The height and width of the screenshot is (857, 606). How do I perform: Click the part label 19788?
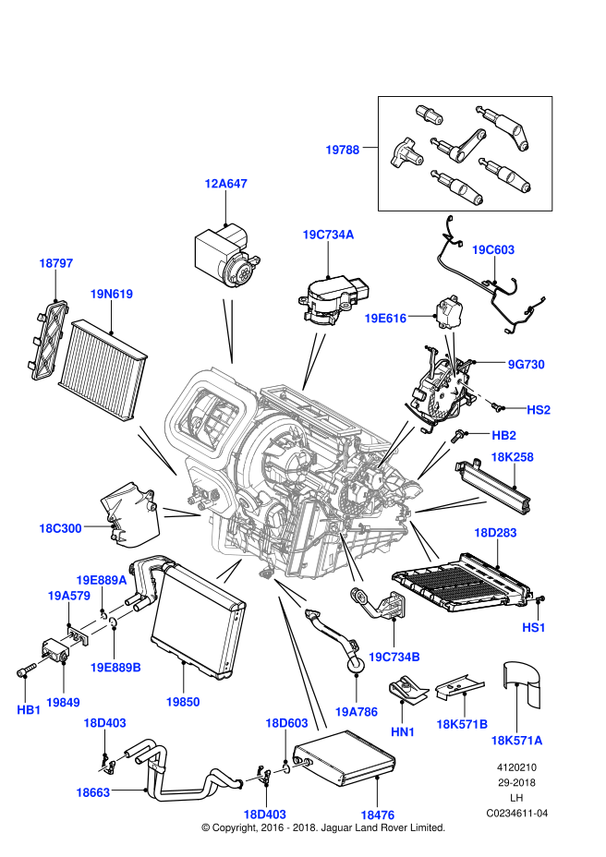tap(342, 150)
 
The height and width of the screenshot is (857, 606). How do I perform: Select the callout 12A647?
tap(225, 184)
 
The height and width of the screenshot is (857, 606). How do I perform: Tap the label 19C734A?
tap(328, 235)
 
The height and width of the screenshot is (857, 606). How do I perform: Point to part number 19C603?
tap(492, 250)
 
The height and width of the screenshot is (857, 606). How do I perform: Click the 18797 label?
tap(55, 263)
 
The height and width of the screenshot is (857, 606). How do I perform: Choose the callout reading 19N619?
tap(111, 294)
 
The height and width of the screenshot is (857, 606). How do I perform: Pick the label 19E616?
tap(385, 319)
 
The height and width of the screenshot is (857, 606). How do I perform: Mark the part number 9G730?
tap(526, 365)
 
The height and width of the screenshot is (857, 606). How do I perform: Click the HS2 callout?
tap(539, 410)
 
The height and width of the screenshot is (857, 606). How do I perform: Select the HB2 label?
tap(503, 435)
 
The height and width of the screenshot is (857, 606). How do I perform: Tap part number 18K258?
tap(512, 457)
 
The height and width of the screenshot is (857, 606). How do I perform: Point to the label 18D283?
tap(495, 533)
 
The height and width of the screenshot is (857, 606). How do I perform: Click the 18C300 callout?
tap(60, 528)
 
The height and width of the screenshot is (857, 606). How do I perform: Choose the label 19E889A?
tap(102, 580)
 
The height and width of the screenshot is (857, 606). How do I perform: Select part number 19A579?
tap(68, 596)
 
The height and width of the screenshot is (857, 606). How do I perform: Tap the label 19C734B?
tap(394, 657)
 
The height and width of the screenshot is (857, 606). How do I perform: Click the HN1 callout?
tap(403, 731)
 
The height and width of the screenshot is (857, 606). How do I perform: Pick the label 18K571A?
tap(516, 740)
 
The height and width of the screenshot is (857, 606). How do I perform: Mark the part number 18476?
tap(377, 815)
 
